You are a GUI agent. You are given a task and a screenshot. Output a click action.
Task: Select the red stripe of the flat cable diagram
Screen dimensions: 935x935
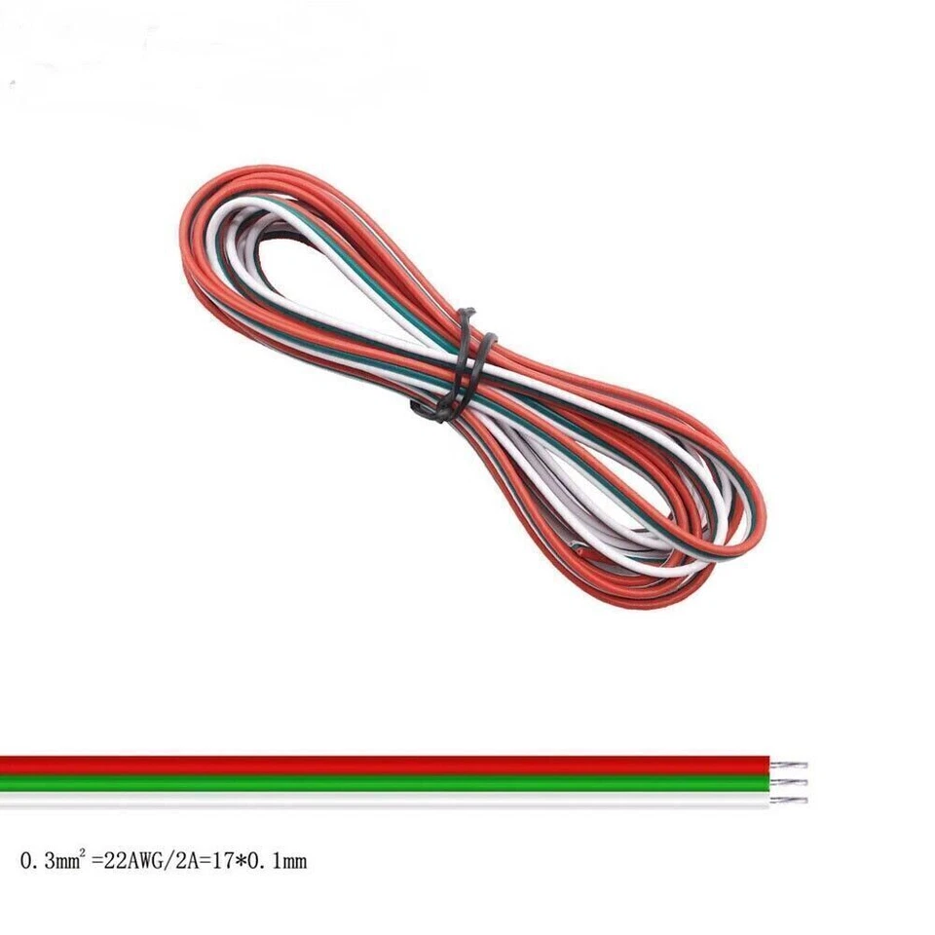[x=390, y=765]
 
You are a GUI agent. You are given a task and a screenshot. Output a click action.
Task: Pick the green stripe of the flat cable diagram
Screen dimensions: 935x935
[x=390, y=782]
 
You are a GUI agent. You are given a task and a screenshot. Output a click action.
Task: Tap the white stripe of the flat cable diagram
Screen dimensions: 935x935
[x=390, y=800]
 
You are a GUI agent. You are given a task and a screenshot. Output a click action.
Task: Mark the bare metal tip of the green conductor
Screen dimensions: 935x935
[x=794, y=782]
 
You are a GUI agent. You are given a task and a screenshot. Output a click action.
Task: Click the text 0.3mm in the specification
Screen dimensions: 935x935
[x=47, y=861]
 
